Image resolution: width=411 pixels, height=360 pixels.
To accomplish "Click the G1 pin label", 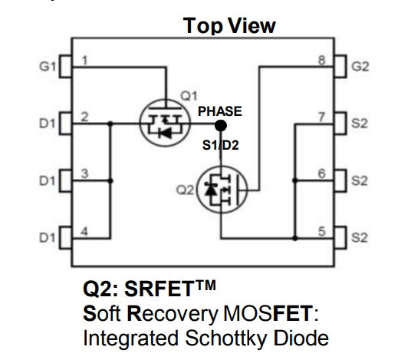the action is (48, 66).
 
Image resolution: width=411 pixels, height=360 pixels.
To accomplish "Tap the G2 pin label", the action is (360, 66).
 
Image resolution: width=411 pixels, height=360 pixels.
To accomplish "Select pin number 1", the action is (84, 61).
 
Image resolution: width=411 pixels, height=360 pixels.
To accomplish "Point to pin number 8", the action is (322, 61).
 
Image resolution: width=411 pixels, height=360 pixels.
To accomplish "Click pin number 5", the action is (322, 232).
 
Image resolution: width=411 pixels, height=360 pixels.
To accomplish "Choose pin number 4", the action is (84, 232).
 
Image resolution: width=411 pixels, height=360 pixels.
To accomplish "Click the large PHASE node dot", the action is (221, 125).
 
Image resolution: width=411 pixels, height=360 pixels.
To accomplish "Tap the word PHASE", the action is (219, 111).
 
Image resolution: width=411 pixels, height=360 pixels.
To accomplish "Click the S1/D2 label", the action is (220, 145).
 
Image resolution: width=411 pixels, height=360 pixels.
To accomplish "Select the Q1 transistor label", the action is (189, 96).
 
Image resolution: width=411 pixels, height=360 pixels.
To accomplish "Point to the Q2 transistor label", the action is (185, 190).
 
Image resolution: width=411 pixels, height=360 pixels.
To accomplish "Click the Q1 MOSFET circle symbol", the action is (140, 124).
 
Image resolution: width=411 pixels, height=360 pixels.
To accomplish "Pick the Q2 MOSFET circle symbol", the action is (197, 190).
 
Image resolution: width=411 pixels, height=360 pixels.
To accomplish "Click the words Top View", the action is (229, 26).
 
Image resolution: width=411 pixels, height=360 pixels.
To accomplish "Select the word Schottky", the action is (225, 338).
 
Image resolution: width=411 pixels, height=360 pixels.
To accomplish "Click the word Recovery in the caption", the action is (173, 314).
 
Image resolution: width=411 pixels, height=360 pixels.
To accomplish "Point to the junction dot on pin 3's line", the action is (110, 181).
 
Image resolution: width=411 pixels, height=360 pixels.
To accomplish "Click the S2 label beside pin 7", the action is (360, 124).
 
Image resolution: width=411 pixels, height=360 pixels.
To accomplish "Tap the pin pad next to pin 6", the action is (340, 181).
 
